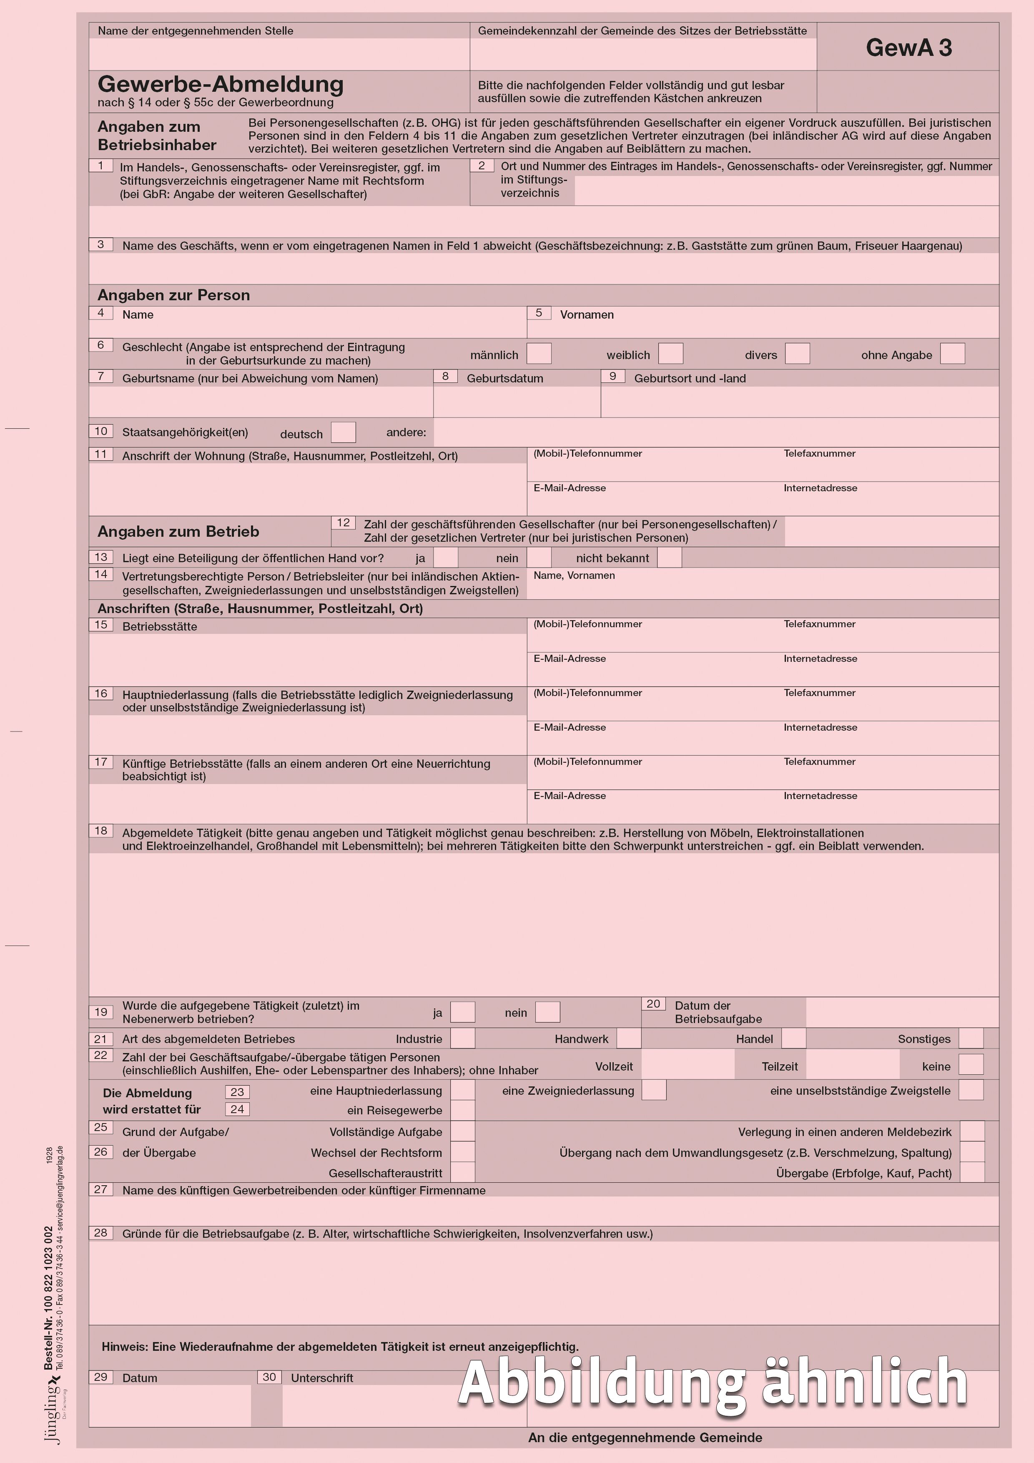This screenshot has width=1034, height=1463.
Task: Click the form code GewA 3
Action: tap(909, 48)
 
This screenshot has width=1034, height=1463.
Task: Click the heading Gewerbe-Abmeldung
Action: tap(221, 84)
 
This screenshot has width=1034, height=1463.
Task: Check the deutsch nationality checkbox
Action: tap(344, 432)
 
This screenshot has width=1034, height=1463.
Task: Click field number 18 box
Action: tap(101, 831)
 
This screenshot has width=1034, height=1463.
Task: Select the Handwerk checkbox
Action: tap(629, 1038)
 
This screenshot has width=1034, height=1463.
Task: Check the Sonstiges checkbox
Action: tap(971, 1038)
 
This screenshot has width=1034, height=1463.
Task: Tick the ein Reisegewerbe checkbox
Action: tap(462, 1110)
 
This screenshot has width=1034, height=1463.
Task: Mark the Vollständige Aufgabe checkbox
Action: tap(462, 1132)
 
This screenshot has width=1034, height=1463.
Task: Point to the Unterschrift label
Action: tap(322, 1378)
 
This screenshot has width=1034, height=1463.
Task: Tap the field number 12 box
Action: tap(344, 523)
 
